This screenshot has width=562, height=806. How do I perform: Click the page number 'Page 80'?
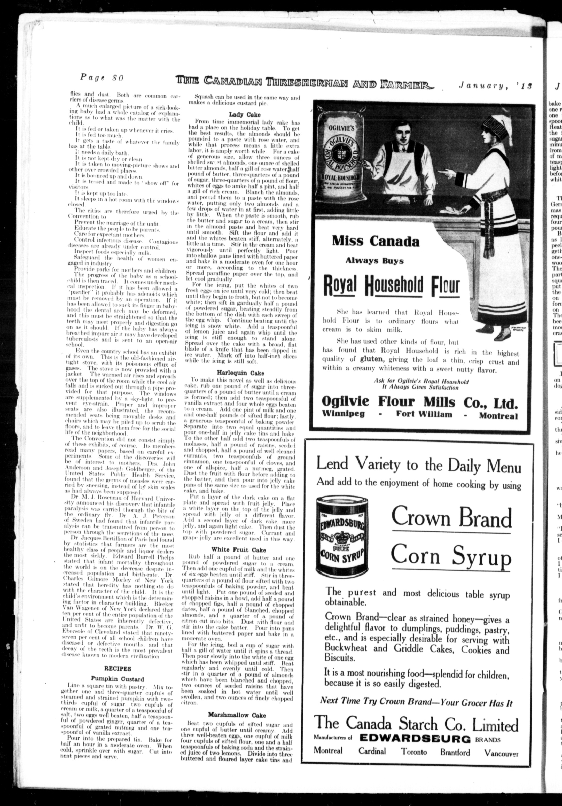[102, 78]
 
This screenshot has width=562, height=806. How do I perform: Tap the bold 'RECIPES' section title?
[118, 668]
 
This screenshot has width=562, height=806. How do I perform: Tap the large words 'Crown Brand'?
[451, 517]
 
